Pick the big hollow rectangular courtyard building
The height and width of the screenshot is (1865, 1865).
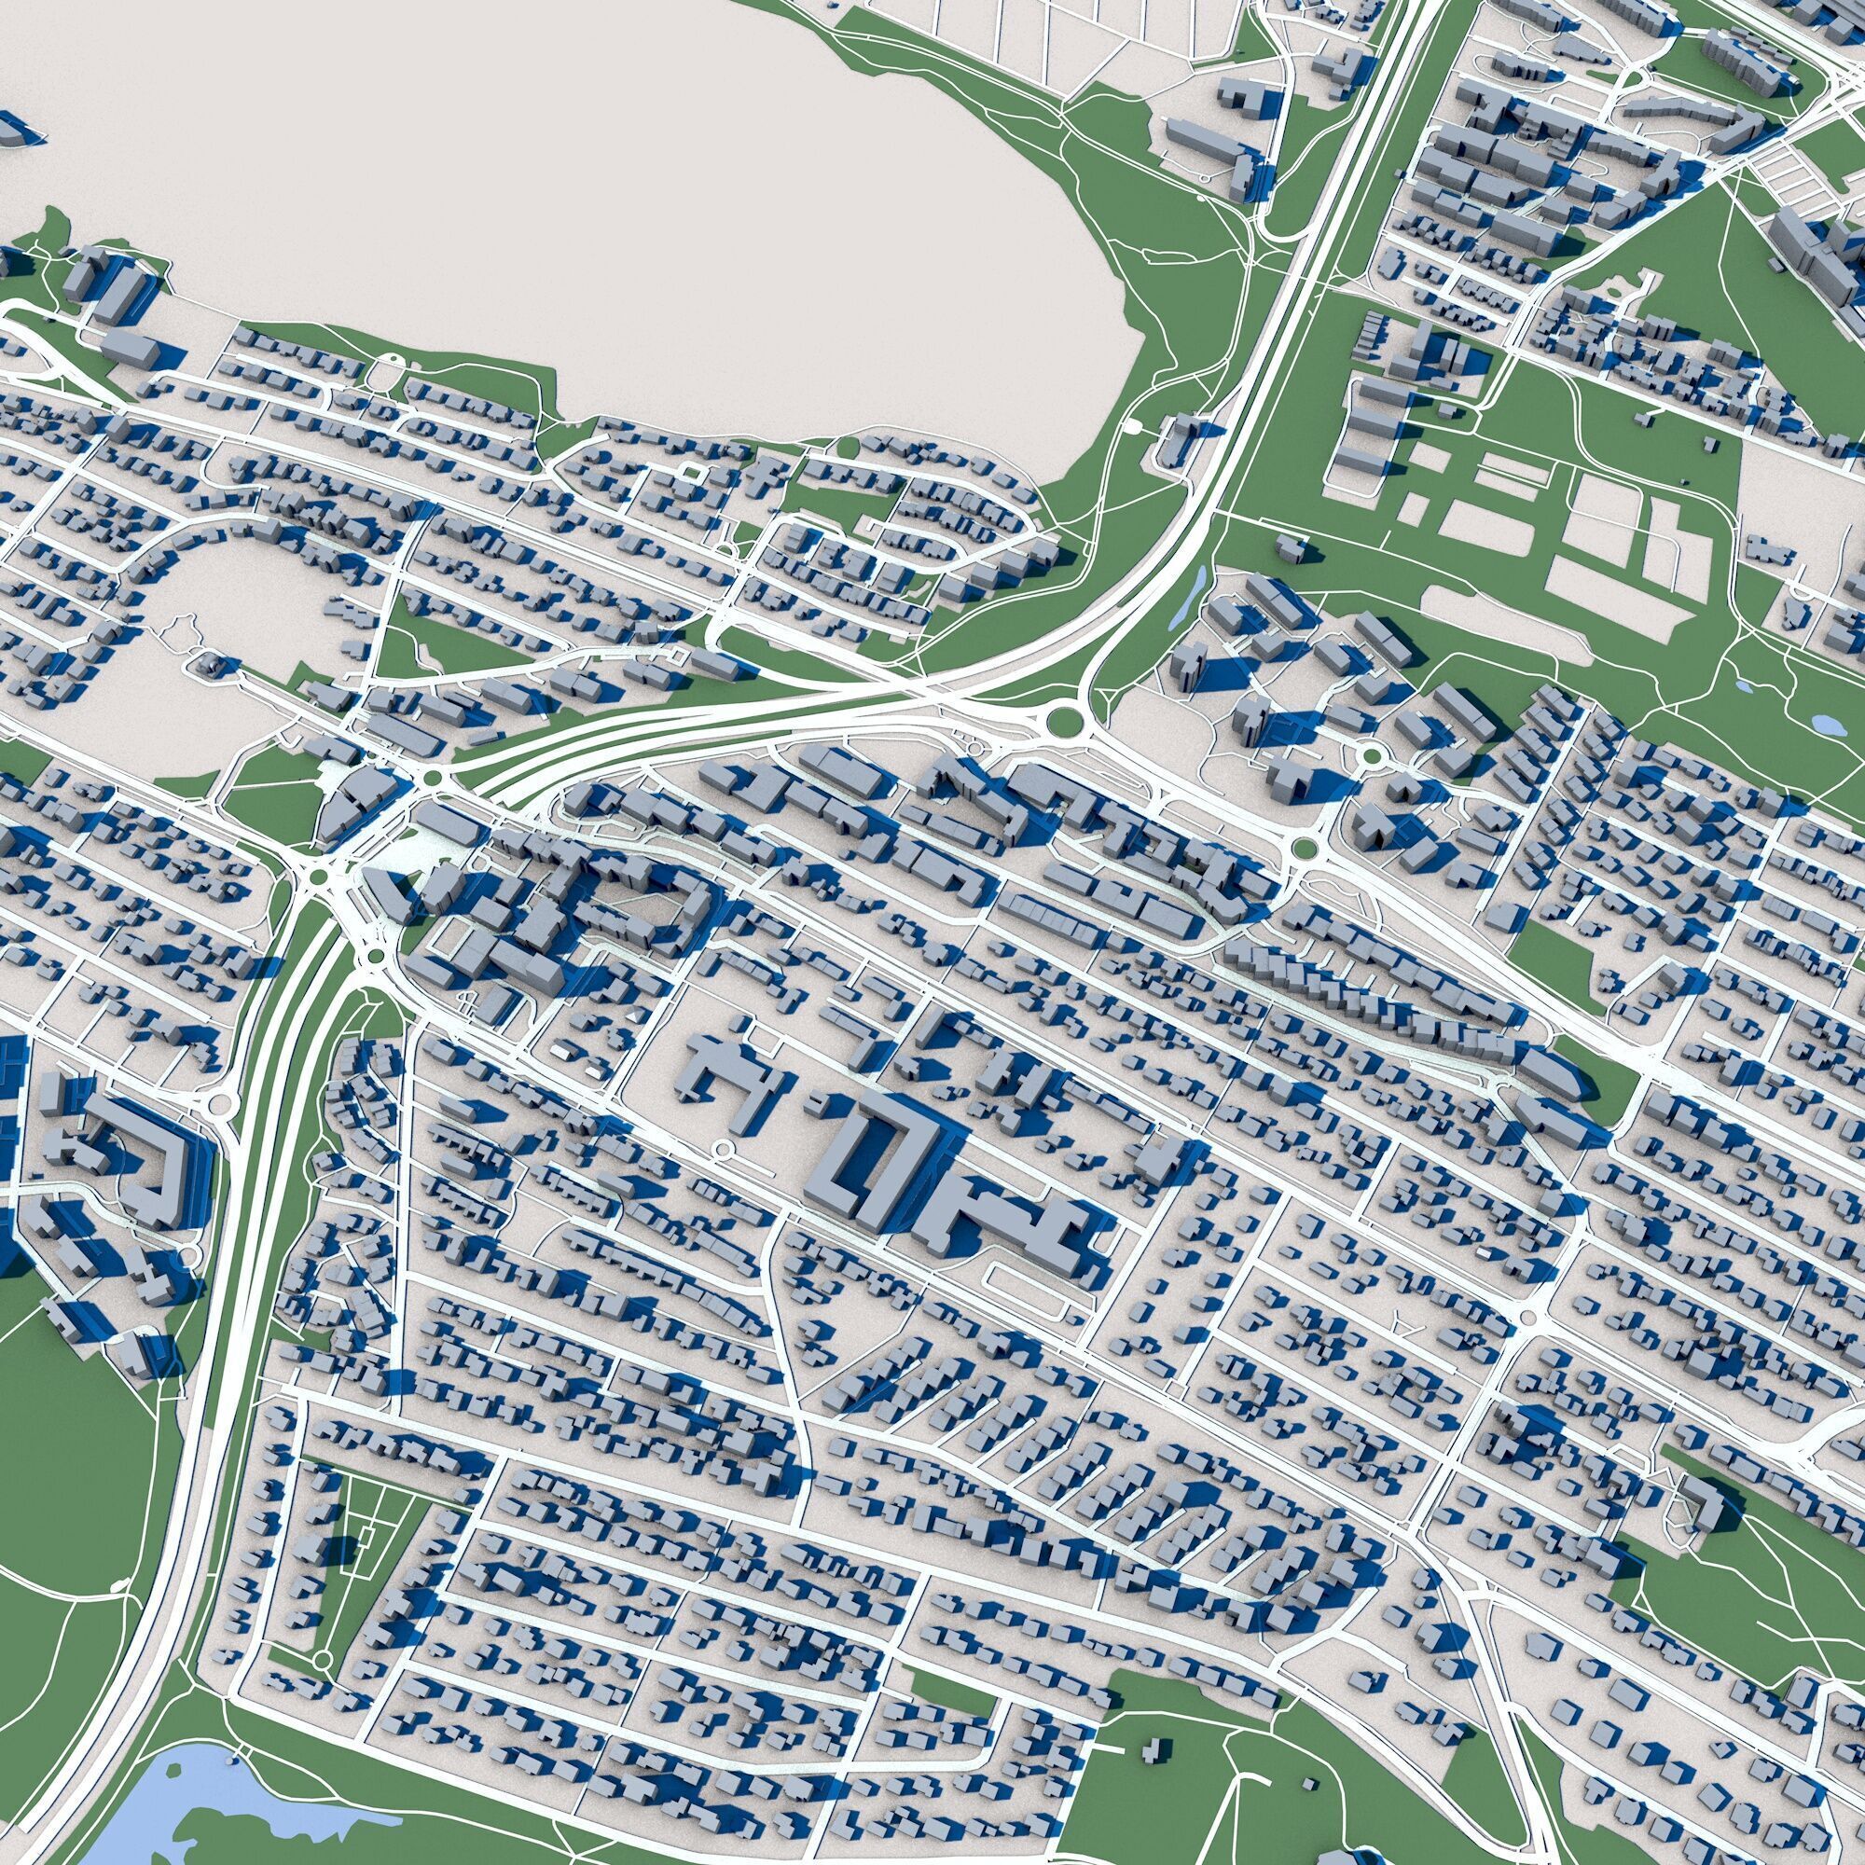pyautogui.click(x=869, y=1158)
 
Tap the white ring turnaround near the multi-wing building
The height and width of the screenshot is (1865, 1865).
pyautogui.click(x=721, y=1149)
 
